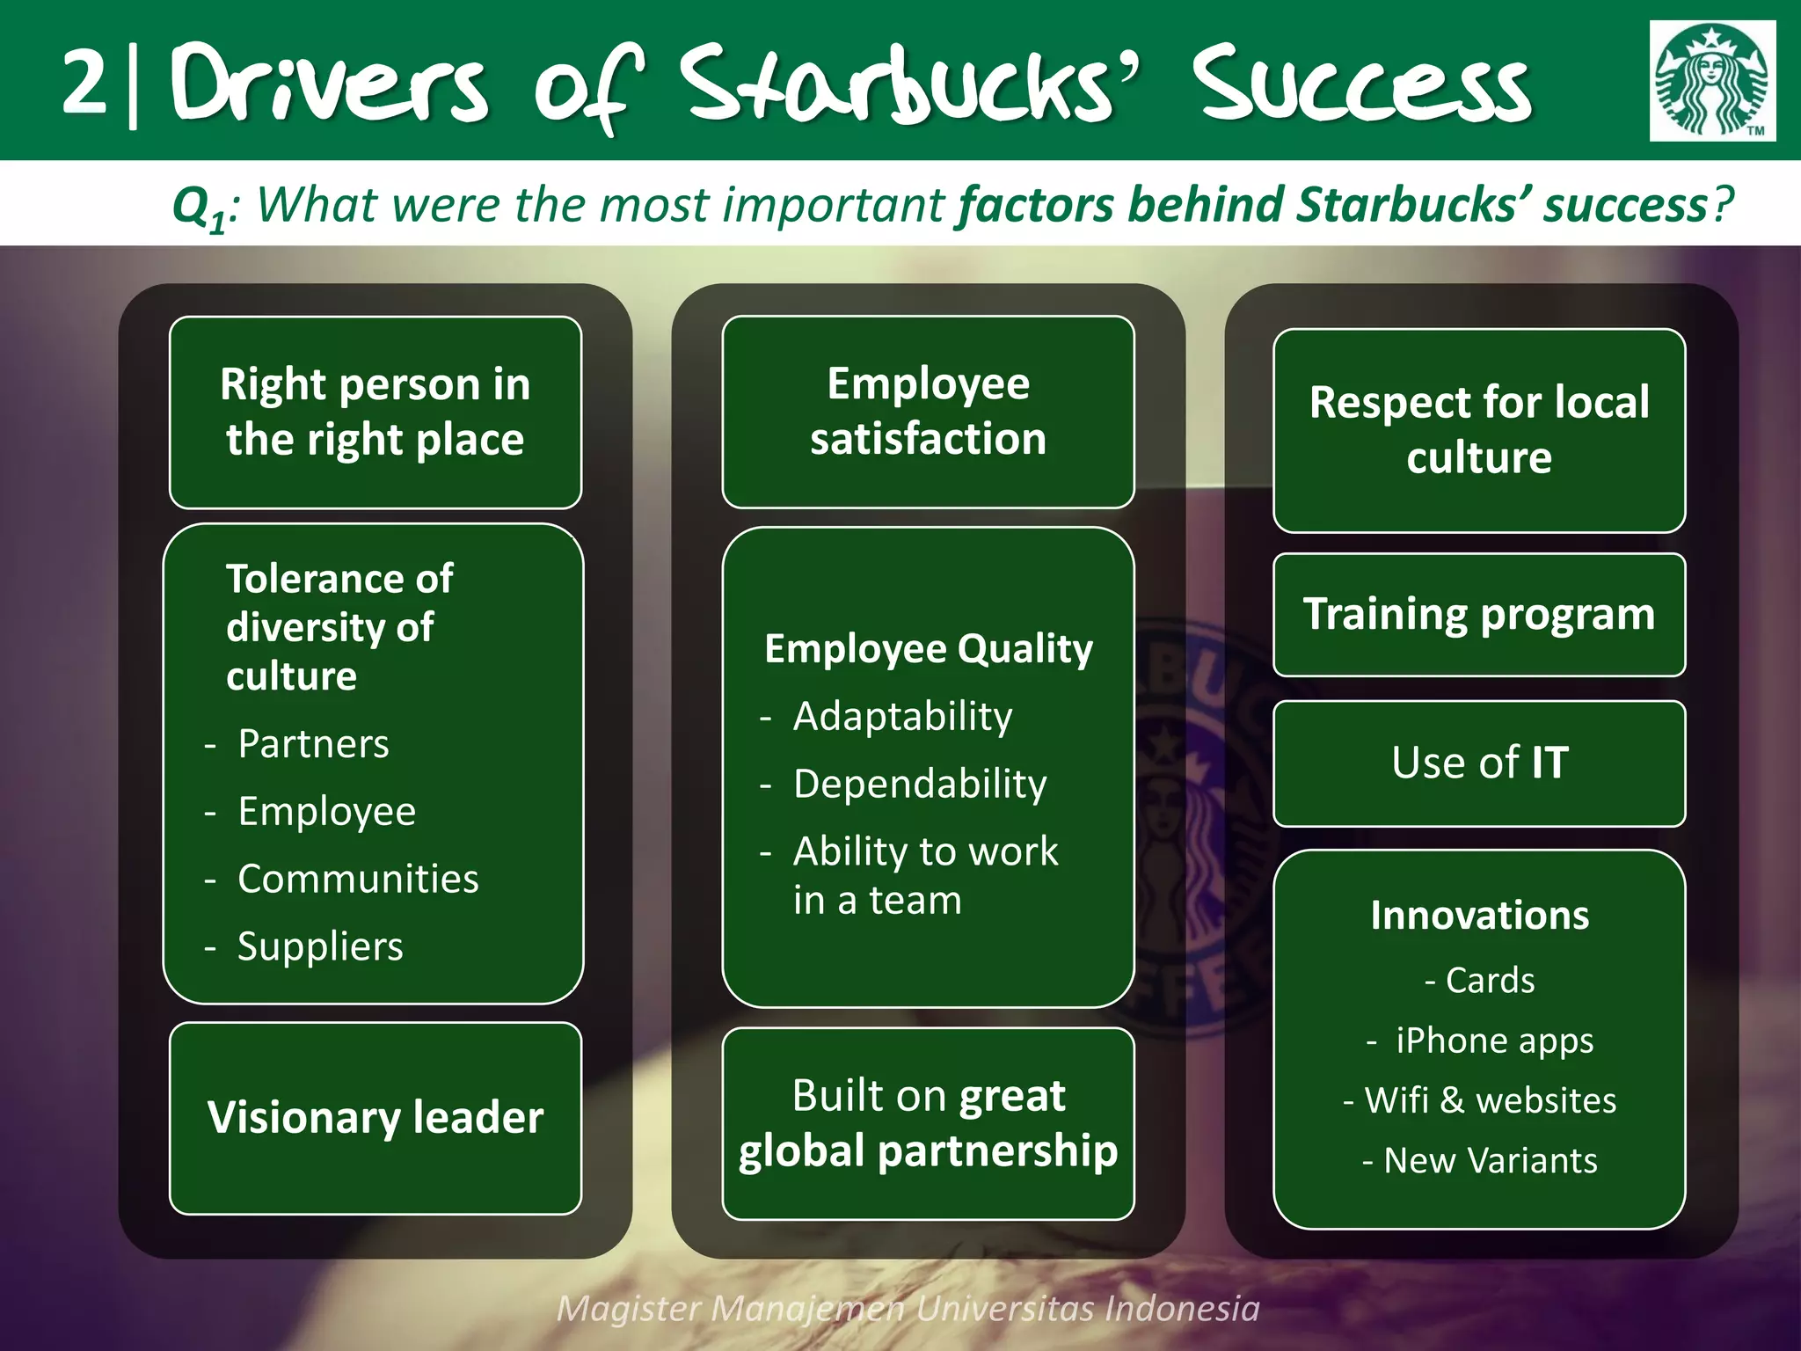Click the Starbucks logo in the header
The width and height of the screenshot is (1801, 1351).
(1711, 81)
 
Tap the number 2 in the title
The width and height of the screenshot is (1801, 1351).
(85, 82)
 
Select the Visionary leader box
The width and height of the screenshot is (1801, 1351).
(376, 1118)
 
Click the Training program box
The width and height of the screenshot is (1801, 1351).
(1479, 615)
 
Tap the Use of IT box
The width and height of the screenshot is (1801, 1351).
(1479, 763)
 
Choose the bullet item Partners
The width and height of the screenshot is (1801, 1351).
(313, 744)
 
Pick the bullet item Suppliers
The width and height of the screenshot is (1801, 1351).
(320, 947)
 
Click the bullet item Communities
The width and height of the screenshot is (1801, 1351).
(358, 880)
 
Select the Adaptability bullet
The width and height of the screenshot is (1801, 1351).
(902, 717)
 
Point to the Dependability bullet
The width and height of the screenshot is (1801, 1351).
(920, 785)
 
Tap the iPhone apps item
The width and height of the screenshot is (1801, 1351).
(1493, 1041)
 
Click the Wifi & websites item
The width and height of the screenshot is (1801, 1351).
(1490, 1101)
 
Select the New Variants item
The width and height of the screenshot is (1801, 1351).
(1490, 1162)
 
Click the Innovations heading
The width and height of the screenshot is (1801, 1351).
(1479, 916)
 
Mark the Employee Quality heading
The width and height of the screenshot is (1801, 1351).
(928, 650)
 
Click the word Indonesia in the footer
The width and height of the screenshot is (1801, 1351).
(1182, 1309)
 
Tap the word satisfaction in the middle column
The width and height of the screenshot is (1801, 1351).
(928, 439)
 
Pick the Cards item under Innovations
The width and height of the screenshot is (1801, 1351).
(1490, 981)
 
